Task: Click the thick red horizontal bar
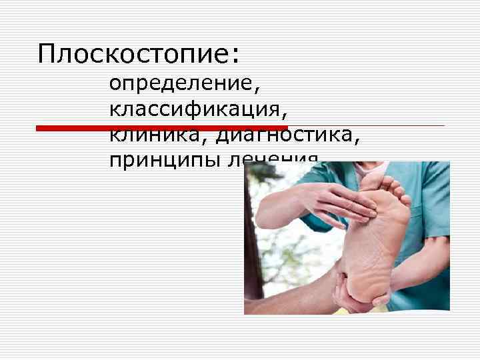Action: (x=161, y=127)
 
